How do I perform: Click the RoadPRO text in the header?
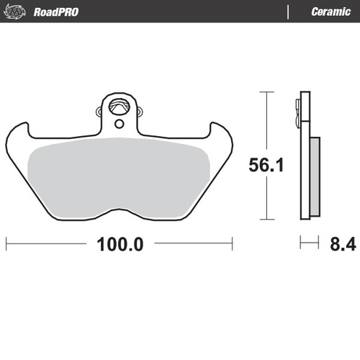tap(55, 12)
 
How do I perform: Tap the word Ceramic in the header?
tap(330, 12)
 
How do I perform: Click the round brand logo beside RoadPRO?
tap(17, 12)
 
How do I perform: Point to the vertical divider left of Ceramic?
tap(288, 12)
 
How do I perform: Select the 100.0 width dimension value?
tap(120, 243)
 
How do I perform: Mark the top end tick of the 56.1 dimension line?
tap(267, 92)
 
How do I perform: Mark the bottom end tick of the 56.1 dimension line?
tap(267, 219)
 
